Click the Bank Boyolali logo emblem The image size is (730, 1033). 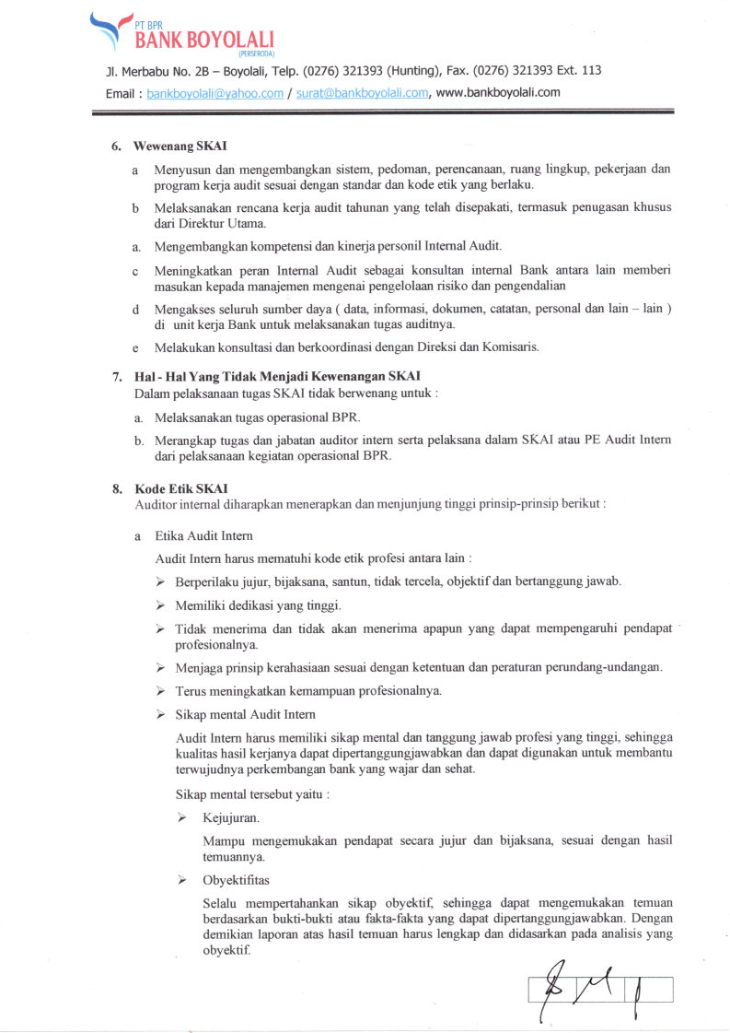[x=106, y=29]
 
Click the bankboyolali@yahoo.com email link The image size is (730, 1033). [x=214, y=93]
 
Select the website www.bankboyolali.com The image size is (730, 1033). [x=498, y=93]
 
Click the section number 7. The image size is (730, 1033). [x=117, y=375]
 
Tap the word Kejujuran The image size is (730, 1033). [x=230, y=817]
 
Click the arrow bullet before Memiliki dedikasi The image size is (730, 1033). [x=160, y=605]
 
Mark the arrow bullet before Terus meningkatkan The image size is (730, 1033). [x=160, y=690]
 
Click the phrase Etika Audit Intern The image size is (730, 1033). [x=204, y=535]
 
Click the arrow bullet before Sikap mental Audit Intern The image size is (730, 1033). [x=160, y=714]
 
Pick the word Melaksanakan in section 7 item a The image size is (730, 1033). [x=193, y=417]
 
